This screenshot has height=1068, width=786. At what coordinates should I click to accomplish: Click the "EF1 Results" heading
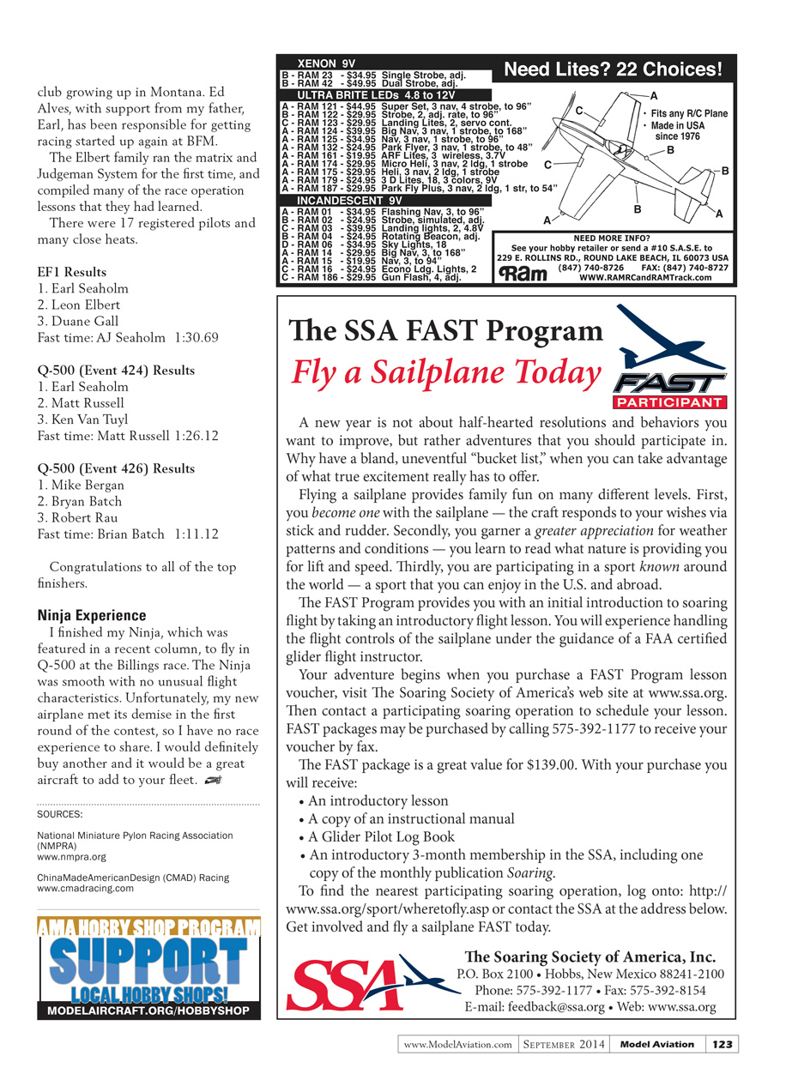pyautogui.click(x=72, y=273)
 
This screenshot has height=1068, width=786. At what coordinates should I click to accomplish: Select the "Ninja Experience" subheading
pyautogui.click(x=92, y=615)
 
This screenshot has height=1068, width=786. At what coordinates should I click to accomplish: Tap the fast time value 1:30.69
pyautogui.click(x=196, y=338)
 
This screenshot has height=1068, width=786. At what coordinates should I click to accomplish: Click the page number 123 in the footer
pyautogui.click(x=723, y=1044)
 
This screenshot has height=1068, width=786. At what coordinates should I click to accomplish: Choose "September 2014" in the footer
pyautogui.click(x=564, y=1044)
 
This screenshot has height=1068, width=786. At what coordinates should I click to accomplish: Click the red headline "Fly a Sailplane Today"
pyautogui.click(x=446, y=372)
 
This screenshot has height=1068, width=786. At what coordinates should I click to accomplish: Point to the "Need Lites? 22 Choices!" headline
pyautogui.click(x=613, y=69)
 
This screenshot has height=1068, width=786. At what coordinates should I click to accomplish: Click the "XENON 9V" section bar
pyautogui.click(x=325, y=63)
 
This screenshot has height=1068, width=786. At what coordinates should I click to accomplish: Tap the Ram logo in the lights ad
pyautogui.click(x=520, y=273)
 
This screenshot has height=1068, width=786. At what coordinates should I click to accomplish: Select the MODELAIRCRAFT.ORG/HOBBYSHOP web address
pyautogui.click(x=148, y=1011)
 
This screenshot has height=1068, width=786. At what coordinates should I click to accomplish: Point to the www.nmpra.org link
pyautogui.click(x=72, y=856)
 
